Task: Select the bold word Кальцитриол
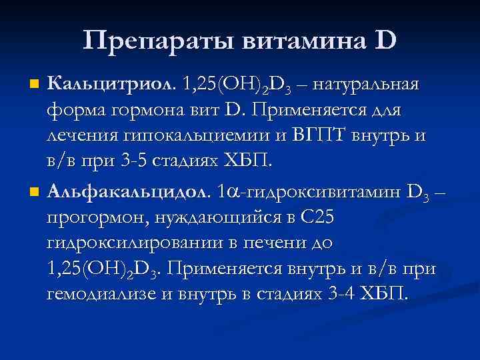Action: tap(107, 85)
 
